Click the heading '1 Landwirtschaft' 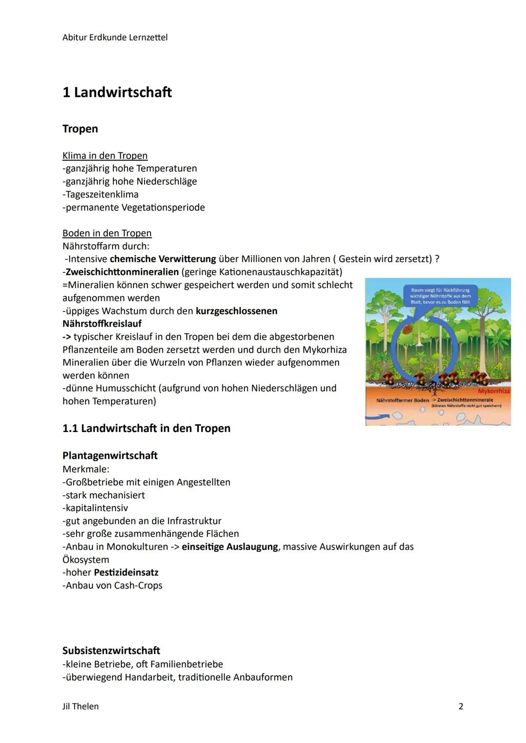(x=117, y=92)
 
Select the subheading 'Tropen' (x=80, y=129)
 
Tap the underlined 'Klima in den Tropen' (x=105, y=156)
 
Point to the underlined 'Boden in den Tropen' (x=107, y=233)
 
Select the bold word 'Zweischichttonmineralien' (x=122, y=272)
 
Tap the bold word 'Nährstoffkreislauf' (x=102, y=324)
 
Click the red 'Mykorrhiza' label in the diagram (x=493, y=391)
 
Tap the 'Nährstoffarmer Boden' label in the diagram (x=402, y=400)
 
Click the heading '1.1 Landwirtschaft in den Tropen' (x=146, y=428)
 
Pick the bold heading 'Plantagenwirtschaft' (x=110, y=455)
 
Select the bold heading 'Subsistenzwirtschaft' (x=111, y=651)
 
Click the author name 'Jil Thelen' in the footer (x=80, y=706)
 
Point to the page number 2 (x=461, y=706)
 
